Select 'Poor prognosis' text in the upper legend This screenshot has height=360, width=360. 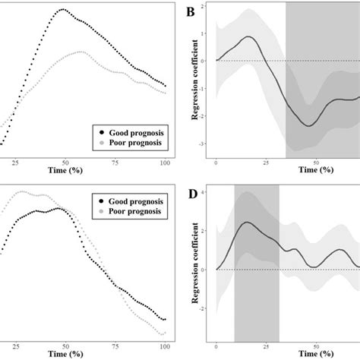click(x=135, y=142)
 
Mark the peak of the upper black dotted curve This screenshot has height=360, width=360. click(x=63, y=10)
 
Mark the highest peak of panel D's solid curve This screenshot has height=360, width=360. click(x=246, y=223)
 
